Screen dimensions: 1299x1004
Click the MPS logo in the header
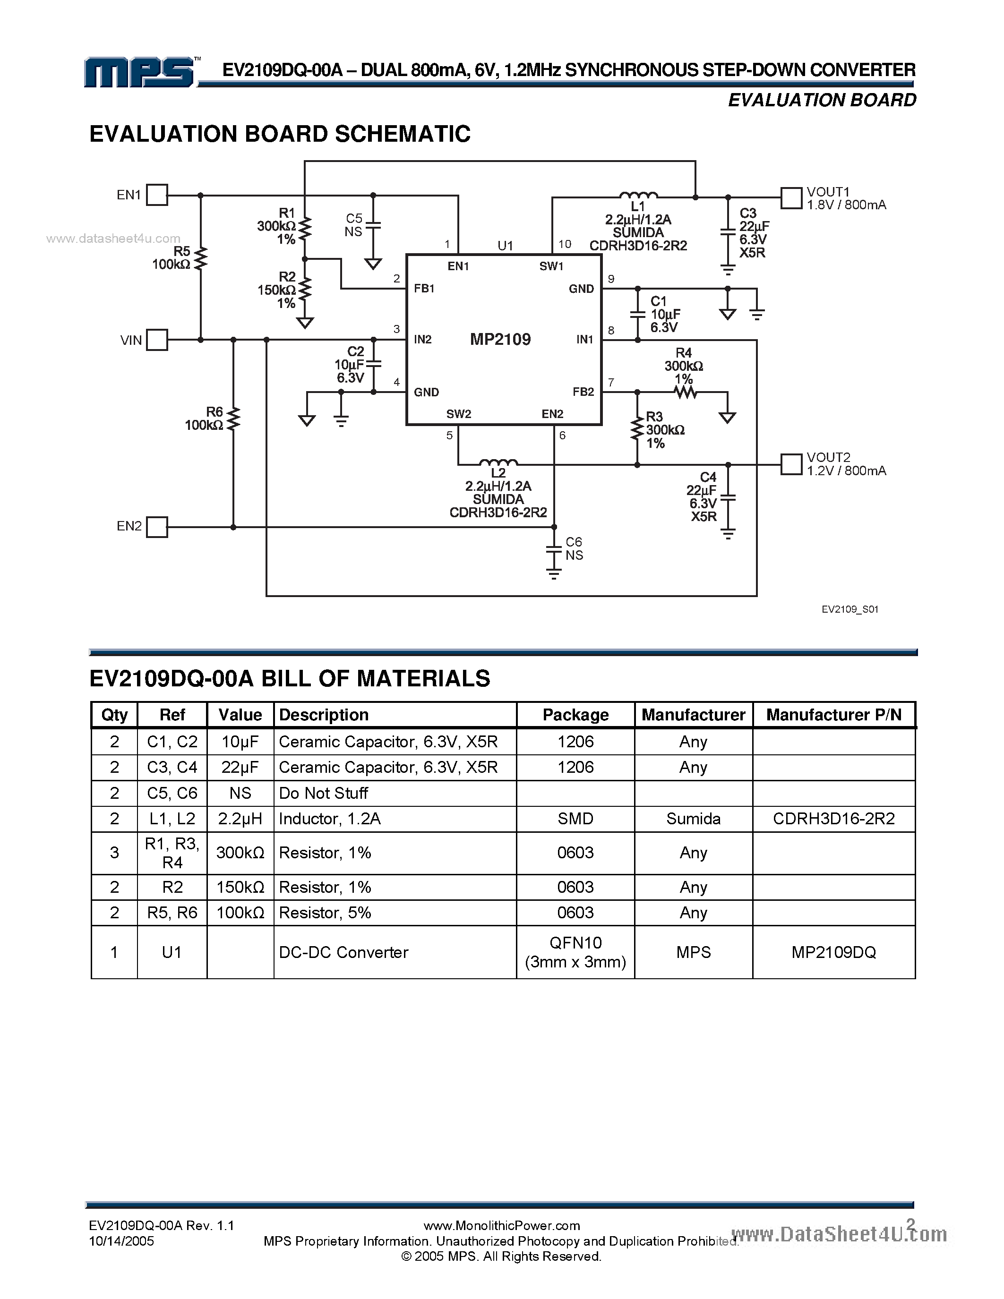[x=140, y=73]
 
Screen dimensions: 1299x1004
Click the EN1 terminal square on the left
[x=157, y=195]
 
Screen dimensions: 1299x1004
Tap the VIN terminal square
[x=157, y=340]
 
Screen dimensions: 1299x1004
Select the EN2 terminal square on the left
[x=157, y=527]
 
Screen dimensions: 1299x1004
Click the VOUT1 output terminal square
[x=791, y=198]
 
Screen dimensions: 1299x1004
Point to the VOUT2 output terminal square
[x=791, y=464]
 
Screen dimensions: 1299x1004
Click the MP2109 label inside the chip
[x=500, y=339]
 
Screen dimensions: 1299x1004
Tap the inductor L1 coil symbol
[x=638, y=195]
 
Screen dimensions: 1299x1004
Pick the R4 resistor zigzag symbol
[x=685, y=392]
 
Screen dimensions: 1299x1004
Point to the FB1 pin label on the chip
[x=424, y=289]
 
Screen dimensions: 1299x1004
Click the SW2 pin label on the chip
[x=459, y=414]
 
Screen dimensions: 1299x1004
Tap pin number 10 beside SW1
[x=565, y=244]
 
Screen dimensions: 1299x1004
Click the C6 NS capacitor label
[x=574, y=548]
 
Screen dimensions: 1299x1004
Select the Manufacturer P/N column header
[x=833, y=714]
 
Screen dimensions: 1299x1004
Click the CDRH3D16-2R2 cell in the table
[x=833, y=819]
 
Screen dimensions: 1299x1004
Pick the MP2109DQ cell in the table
[x=833, y=952]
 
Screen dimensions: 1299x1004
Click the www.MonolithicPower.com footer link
[x=501, y=1225]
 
